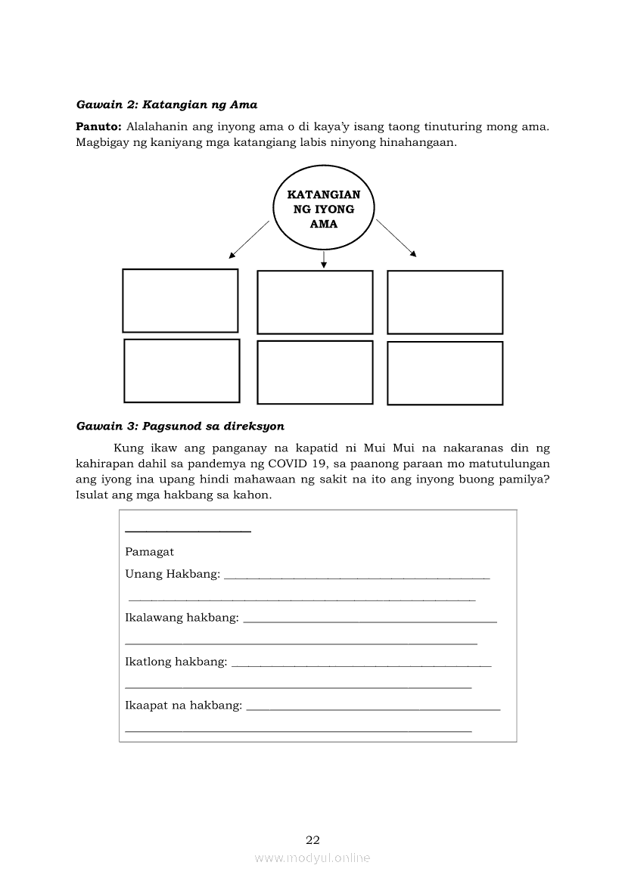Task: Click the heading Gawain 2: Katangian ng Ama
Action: click(x=167, y=104)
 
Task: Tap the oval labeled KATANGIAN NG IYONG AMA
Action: click(x=323, y=209)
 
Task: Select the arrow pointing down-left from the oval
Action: click(x=249, y=240)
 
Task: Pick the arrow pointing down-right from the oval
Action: click(x=396, y=238)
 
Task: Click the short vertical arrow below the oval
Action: click(x=324, y=259)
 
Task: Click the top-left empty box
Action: click(x=180, y=301)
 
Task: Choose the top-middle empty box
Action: click(x=315, y=302)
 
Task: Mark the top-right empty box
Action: click(x=445, y=302)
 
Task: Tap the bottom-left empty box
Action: click(x=182, y=371)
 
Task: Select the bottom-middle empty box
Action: click(x=315, y=372)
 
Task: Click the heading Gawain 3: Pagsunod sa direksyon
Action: click(x=180, y=426)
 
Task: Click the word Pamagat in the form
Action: click(x=149, y=552)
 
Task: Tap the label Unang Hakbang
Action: click(x=173, y=574)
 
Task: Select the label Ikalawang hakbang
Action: click(x=182, y=619)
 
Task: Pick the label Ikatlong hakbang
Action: click(x=176, y=662)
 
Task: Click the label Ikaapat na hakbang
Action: click(x=183, y=706)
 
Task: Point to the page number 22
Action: click(x=312, y=840)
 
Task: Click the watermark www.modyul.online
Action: click(x=312, y=858)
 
